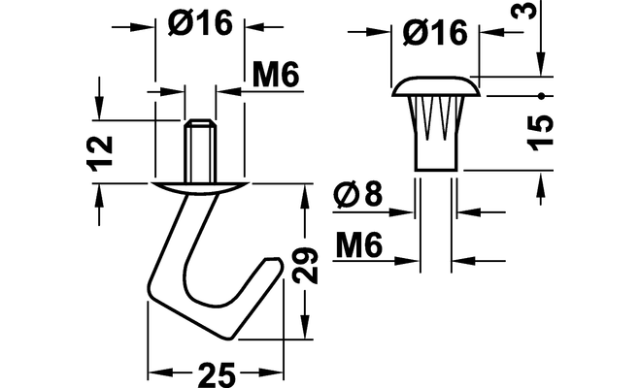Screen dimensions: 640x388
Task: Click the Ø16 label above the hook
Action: pos(200,22)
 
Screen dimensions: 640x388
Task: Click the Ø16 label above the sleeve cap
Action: pos(435,32)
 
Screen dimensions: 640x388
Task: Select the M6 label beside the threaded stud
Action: pos(276,75)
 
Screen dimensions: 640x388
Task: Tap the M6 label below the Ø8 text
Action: pos(359,245)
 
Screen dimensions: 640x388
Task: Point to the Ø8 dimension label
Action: pos(358,193)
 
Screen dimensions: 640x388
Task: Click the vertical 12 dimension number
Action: pos(100,153)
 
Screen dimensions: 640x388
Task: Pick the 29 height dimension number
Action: pos(306,265)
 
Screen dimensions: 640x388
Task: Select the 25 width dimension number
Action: pos(217,374)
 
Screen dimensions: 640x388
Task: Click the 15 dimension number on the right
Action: pos(540,133)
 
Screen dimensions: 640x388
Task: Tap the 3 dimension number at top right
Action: pos(523,9)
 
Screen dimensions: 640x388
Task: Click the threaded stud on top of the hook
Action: pos(200,151)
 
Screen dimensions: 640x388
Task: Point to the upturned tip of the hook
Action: pos(274,264)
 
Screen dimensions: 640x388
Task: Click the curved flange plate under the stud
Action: pos(200,188)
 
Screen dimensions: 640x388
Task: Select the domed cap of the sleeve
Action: pos(436,86)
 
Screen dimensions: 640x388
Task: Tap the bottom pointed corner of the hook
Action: pos(231,338)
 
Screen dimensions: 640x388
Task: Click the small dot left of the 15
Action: pos(541,96)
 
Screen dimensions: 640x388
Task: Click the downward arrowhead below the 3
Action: pos(541,64)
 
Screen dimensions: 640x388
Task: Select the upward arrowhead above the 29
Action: pos(305,195)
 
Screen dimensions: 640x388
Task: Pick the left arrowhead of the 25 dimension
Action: pos(159,372)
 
